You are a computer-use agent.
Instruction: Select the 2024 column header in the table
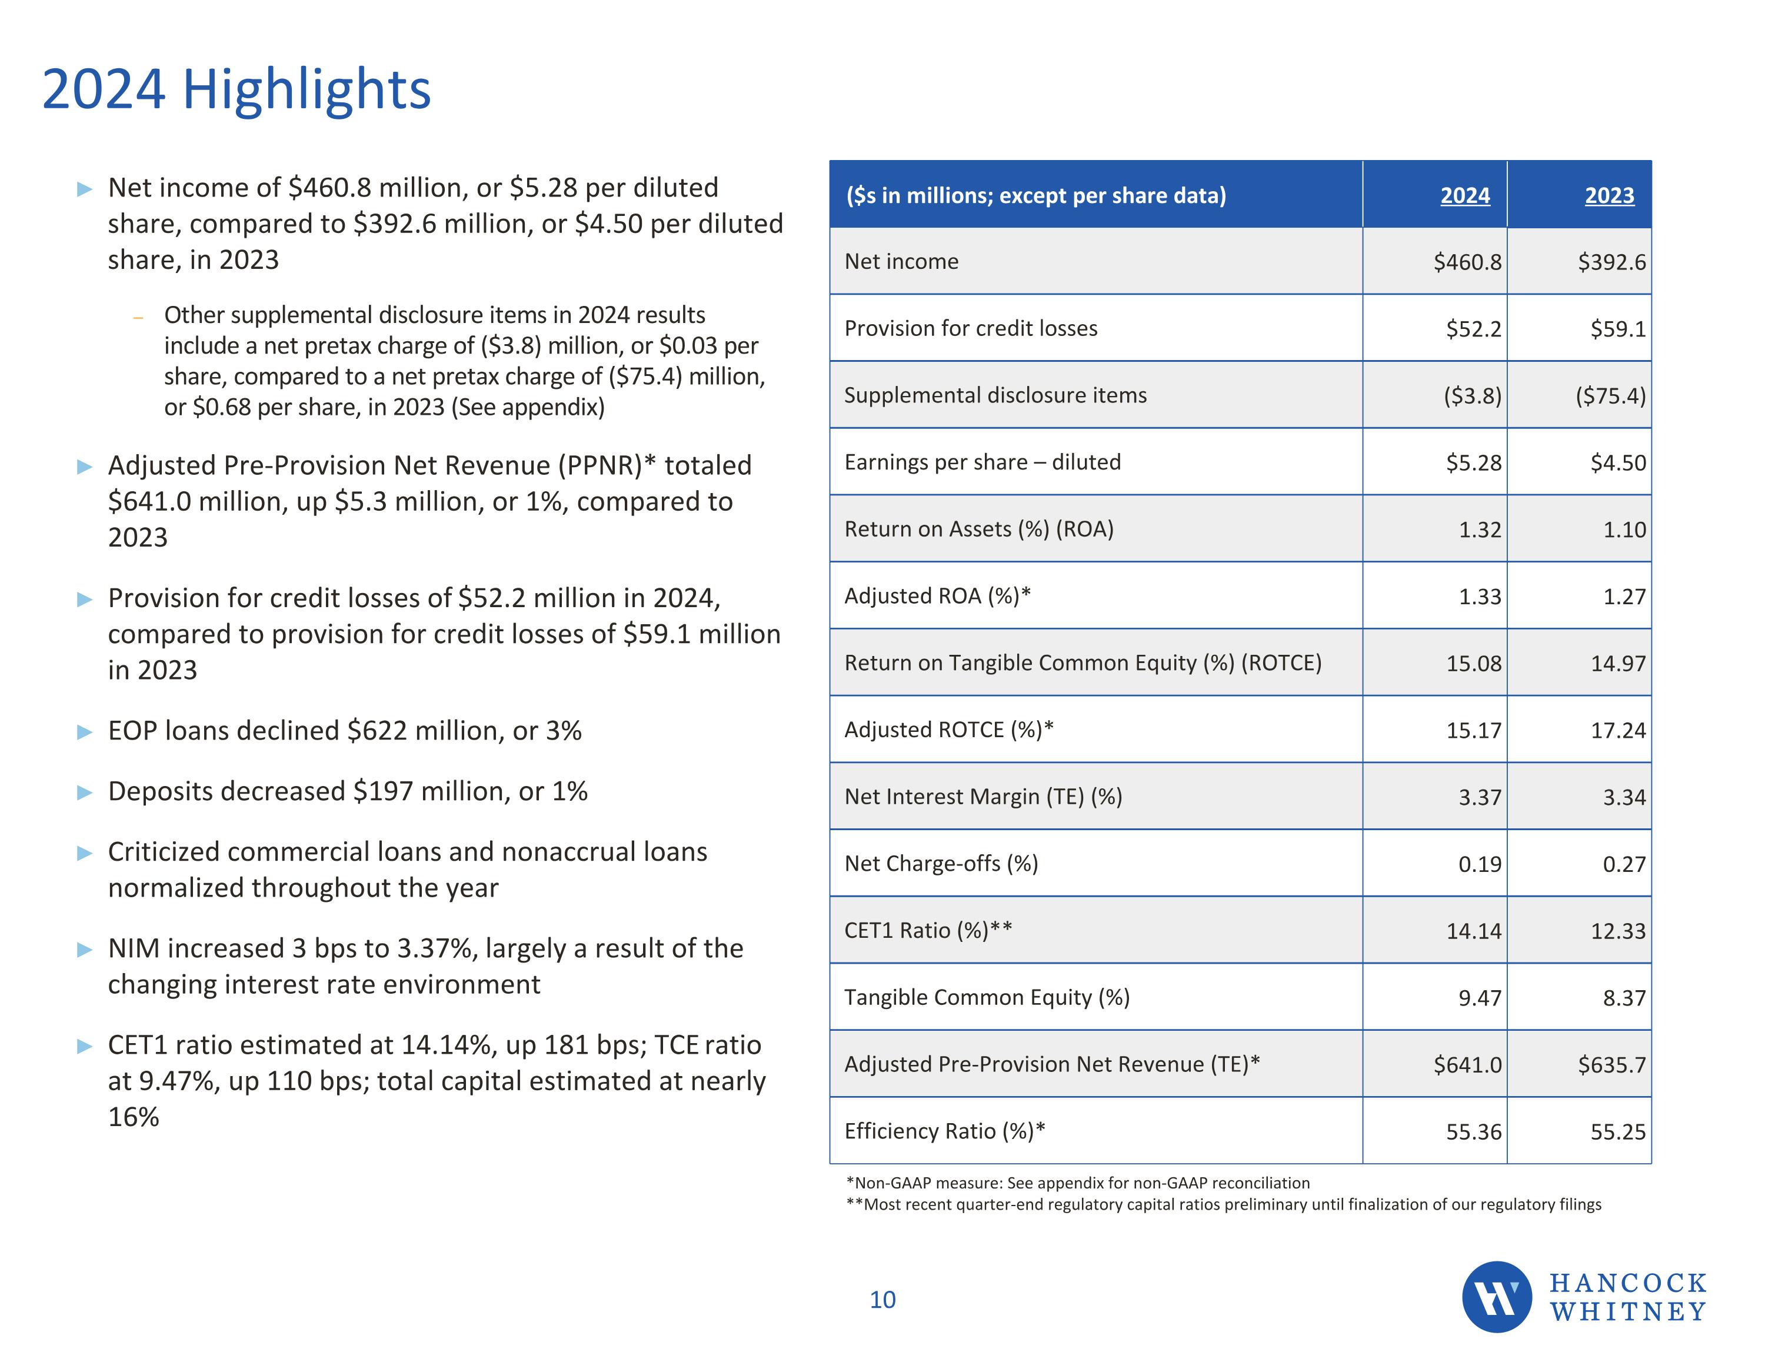pos(1464,195)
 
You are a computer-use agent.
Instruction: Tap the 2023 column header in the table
pos(1609,195)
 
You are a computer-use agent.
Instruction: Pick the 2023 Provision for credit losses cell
pos(1617,329)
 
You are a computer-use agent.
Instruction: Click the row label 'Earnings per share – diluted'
pos(982,462)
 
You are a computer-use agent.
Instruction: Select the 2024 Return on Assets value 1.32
pos(1479,530)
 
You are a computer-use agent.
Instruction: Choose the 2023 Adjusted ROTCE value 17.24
pos(1617,731)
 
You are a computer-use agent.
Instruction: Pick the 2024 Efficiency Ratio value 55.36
pos(1473,1131)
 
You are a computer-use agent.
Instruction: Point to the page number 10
pos(882,1300)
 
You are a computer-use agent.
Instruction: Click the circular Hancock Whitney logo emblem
pos(1496,1297)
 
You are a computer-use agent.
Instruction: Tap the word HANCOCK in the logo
pos(1627,1283)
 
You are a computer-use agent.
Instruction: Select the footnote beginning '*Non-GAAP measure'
pos(1077,1183)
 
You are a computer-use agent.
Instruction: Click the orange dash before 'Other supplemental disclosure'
pos(138,318)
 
